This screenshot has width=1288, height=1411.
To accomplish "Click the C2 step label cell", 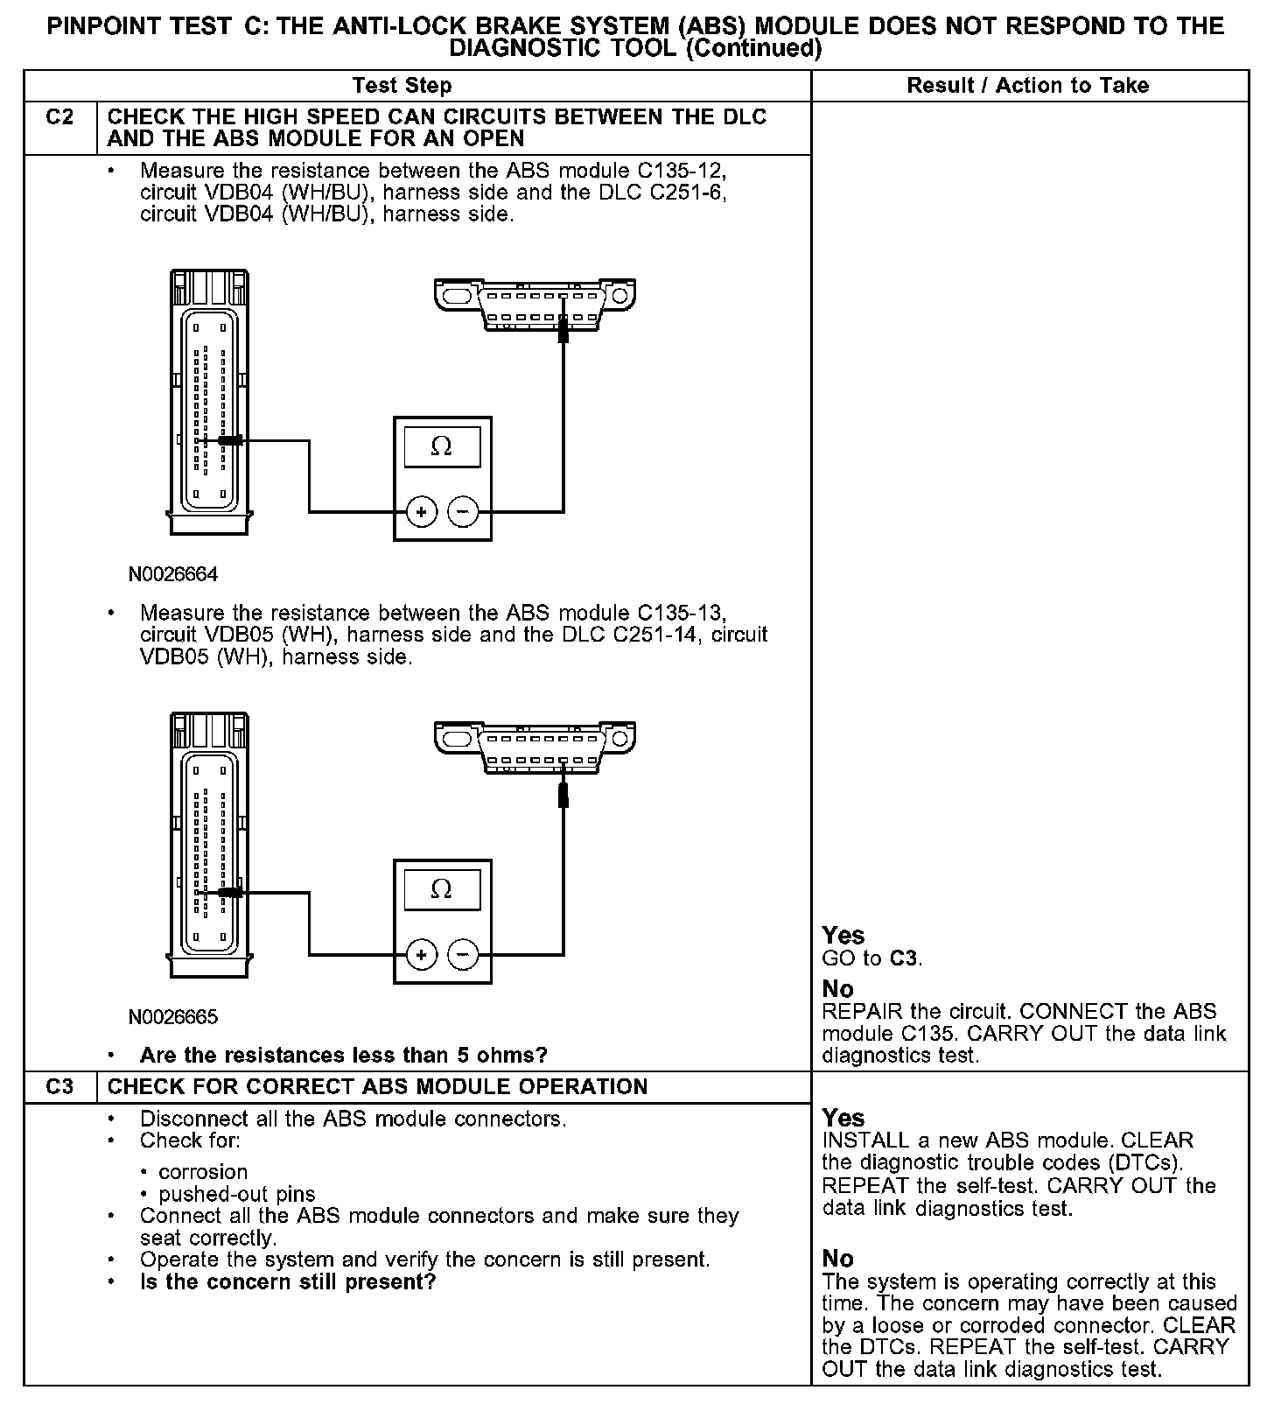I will click(x=59, y=117).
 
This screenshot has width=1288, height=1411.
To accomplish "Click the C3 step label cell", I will click(x=59, y=1086).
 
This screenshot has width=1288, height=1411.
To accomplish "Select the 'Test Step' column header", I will click(x=402, y=86).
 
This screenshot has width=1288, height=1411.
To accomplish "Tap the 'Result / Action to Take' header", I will click(x=1027, y=86).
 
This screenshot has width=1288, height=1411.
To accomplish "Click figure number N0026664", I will click(x=173, y=575).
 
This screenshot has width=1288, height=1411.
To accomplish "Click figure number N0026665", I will click(x=173, y=1017).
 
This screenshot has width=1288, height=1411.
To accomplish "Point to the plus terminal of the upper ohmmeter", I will click(x=422, y=512).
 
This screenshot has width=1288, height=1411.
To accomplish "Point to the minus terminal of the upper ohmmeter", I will click(x=463, y=512).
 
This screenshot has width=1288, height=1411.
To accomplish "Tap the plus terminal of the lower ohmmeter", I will click(x=422, y=954).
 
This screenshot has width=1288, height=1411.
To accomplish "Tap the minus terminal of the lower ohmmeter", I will click(x=463, y=954).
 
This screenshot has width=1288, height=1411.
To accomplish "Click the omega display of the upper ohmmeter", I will click(x=442, y=447).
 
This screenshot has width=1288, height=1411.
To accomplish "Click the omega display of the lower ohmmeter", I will click(x=442, y=889).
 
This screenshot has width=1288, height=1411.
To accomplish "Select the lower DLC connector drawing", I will click(x=535, y=746).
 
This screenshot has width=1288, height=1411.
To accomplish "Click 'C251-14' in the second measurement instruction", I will click(x=656, y=635).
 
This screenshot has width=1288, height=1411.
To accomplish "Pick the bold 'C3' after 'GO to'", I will click(x=904, y=958).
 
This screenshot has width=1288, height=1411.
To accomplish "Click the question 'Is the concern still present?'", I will click(x=288, y=1282).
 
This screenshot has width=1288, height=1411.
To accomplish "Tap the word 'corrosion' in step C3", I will click(x=203, y=1172).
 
